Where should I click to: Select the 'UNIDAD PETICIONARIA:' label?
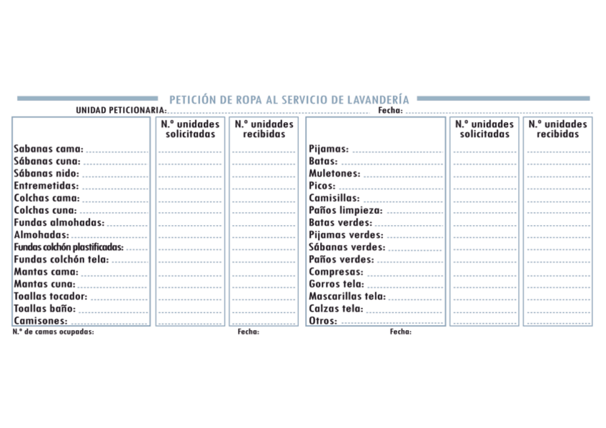coord(121,111)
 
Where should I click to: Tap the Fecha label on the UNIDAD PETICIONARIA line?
coord(390,111)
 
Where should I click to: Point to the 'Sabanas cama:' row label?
coord(49,149)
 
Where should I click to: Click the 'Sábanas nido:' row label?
coord(46,174)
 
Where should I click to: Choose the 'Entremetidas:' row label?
coord(46,186)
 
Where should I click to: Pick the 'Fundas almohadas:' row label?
coord(59,222)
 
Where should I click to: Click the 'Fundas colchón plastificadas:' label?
coord(69,247)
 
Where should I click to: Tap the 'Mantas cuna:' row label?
coord(44,284)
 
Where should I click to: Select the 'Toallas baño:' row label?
coord(44,309)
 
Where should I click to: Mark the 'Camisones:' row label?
coord(41,321)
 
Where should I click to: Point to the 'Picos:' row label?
coord(322,186)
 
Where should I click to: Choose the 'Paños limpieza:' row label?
coord(346,211)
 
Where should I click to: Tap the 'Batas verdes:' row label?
coord(340,223)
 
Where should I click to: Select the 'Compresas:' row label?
coord(336,272)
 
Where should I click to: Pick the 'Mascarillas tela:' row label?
coord(347,297)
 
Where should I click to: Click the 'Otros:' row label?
coord(323,321)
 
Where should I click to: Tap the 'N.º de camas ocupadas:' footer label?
coord(54,332)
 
